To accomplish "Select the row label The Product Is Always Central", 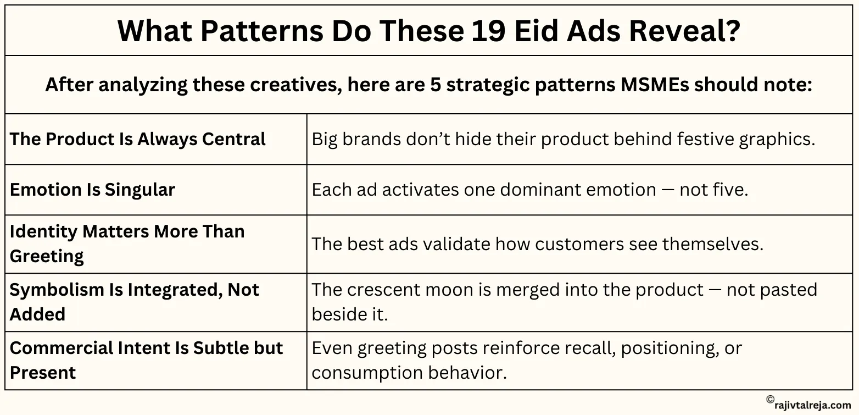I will [x=138, y=139].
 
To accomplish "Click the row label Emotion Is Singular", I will [x=92, y=190].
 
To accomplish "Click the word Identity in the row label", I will [x=43, y=231].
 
